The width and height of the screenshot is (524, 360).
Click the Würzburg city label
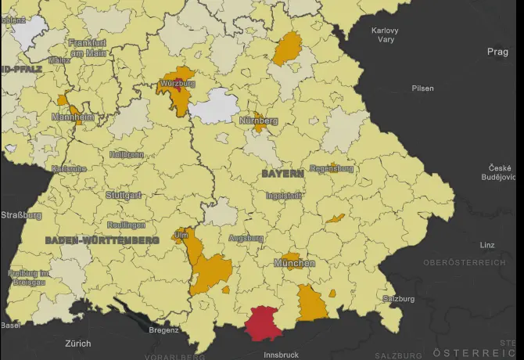point(177,82)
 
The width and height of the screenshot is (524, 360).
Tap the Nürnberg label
point(259,121)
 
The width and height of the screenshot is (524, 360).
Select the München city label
point(294,264)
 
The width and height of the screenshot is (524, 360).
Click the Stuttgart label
point(124,194)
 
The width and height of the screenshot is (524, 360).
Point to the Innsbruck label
point(281,355)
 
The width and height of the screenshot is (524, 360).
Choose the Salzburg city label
point(399,299)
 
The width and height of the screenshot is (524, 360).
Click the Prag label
point(497,52)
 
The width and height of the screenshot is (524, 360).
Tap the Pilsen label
point(423,88)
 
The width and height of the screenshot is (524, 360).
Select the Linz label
point(487,245)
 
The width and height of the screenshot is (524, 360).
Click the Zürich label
point(77,343)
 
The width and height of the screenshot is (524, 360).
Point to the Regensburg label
point(332,168)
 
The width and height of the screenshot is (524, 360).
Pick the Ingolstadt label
point(285,195)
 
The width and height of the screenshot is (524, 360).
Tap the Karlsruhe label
point(68,168)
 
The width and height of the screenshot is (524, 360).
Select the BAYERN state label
point(282,172)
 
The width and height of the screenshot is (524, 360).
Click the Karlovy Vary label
point(385,34)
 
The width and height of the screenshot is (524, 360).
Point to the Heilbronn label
point(127,155)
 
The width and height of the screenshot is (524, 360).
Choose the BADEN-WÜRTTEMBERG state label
point(102,240)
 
